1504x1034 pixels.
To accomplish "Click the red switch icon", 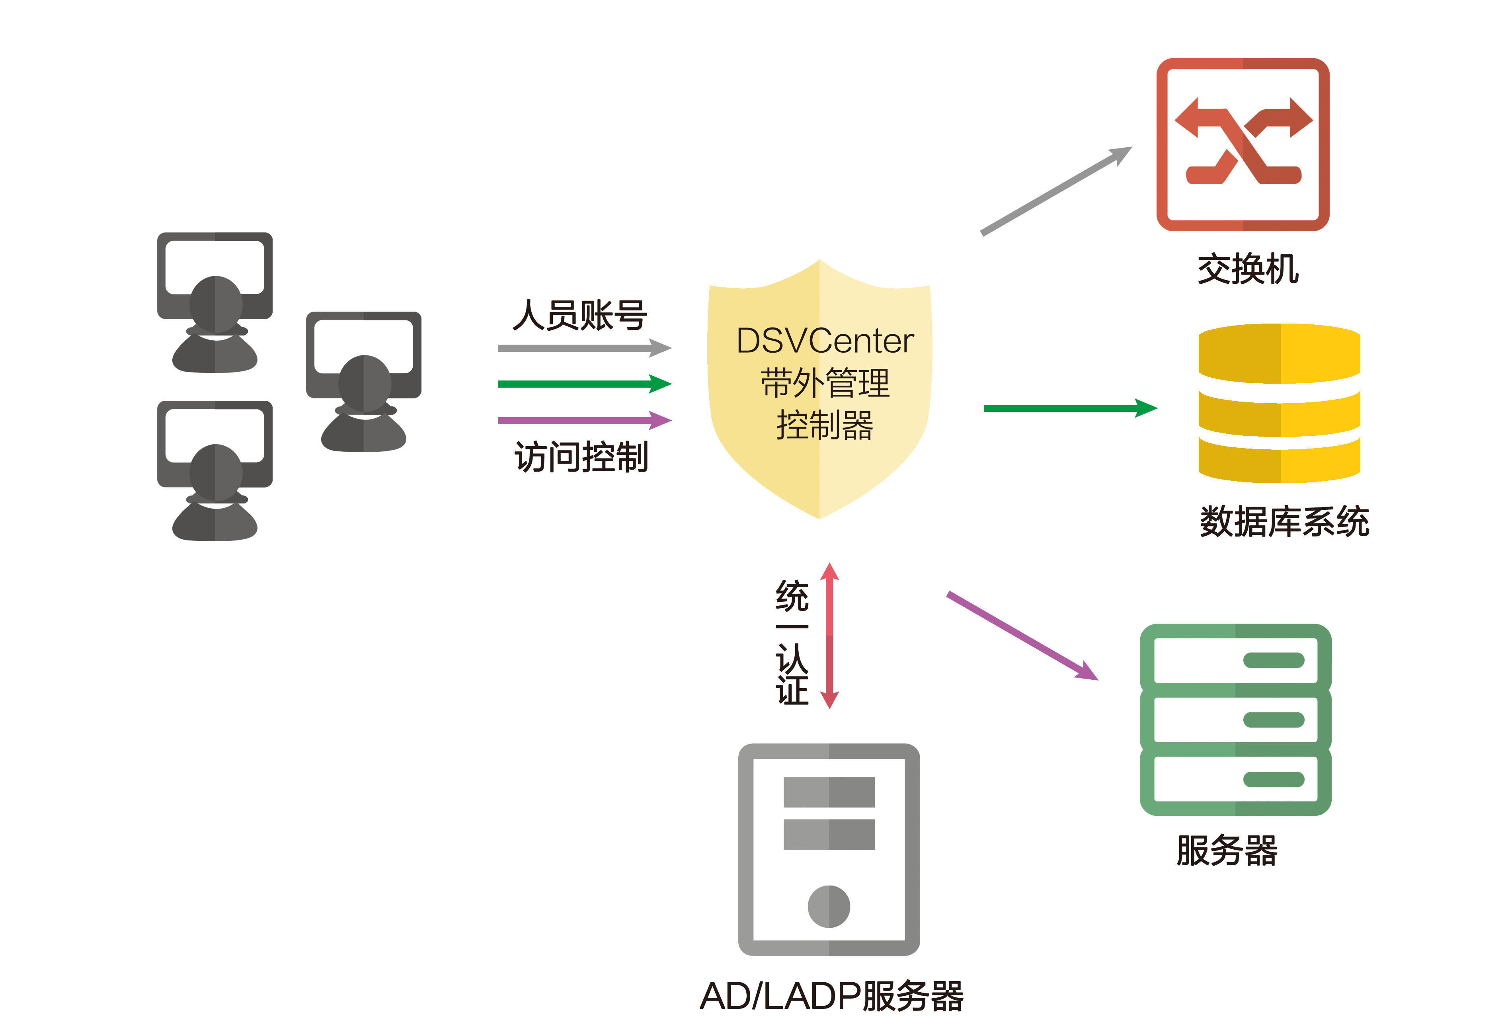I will [1242, 144].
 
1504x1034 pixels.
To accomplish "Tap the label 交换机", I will [1248, 269].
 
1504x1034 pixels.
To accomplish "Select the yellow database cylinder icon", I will [1279, 403].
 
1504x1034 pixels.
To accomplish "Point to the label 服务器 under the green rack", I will [1227, 850].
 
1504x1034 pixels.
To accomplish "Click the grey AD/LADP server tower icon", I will [829, 849].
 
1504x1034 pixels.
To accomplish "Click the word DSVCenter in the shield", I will [825, 341].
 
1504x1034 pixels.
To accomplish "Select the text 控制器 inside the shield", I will [825, 425].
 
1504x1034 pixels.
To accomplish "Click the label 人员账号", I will [580, 316].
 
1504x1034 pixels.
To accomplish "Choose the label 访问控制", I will [581, 457].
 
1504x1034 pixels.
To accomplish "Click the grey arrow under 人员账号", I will [583, 348].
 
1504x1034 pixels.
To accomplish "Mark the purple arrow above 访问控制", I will [583, 420].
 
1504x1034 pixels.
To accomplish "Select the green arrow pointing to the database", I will [1069, 408].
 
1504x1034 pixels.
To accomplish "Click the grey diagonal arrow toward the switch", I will [1056, 191].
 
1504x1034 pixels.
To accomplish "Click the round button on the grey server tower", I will [829, 906].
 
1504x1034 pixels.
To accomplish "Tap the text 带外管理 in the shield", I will [825, 383].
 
